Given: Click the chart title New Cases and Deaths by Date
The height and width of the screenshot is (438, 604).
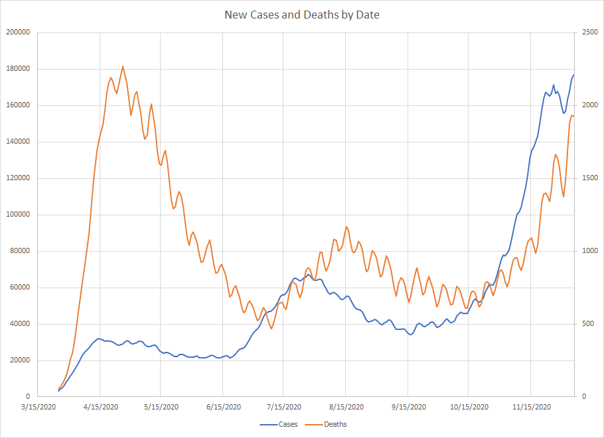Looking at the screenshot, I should coord(302,14).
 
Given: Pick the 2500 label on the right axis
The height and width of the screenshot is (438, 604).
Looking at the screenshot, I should coord(589,32).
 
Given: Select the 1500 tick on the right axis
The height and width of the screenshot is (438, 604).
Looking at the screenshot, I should coord(589,178).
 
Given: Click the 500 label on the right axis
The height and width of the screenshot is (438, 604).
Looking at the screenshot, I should coord(587,324).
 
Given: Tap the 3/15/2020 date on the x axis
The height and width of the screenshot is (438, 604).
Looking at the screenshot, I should coord(38,407).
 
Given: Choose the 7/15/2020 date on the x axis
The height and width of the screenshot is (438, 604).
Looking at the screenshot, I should coord(283,407).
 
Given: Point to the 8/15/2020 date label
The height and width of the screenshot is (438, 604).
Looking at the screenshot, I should coord(346,407).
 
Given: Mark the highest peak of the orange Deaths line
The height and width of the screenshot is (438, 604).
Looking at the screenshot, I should coord(123,66).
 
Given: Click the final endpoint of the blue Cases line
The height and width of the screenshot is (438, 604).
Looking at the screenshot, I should coord(574,75).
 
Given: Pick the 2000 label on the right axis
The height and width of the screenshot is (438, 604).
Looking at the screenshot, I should coord(589,105).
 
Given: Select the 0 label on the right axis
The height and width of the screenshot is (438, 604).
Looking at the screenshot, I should coord(583,397).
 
